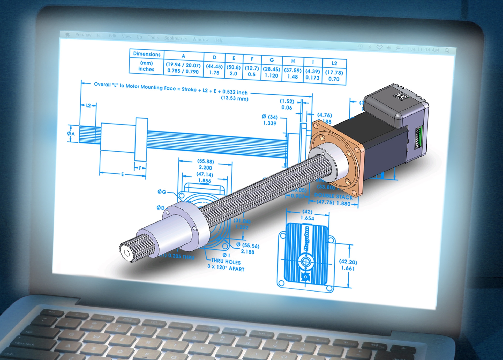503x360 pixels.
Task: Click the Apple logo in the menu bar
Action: (68, 34)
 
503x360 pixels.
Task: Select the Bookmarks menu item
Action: (175, 38)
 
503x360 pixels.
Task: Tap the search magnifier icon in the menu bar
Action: (447, 51)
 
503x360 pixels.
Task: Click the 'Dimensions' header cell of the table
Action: (147, 54)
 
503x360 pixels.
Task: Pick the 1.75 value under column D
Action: (214, 73)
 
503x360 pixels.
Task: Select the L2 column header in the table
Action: (334, 63)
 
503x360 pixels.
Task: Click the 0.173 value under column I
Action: (312, 78)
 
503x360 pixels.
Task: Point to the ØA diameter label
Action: (71, 134)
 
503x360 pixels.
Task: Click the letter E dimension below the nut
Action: (123, 174)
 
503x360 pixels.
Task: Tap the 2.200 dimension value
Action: (205, 167)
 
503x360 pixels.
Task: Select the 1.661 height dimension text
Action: (348, 268)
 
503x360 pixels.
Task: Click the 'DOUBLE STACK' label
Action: (333, 196)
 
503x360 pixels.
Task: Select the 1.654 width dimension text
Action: (307, 218)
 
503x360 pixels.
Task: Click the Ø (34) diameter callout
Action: (269, 117)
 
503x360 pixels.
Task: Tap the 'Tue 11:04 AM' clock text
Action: (423, 49)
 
